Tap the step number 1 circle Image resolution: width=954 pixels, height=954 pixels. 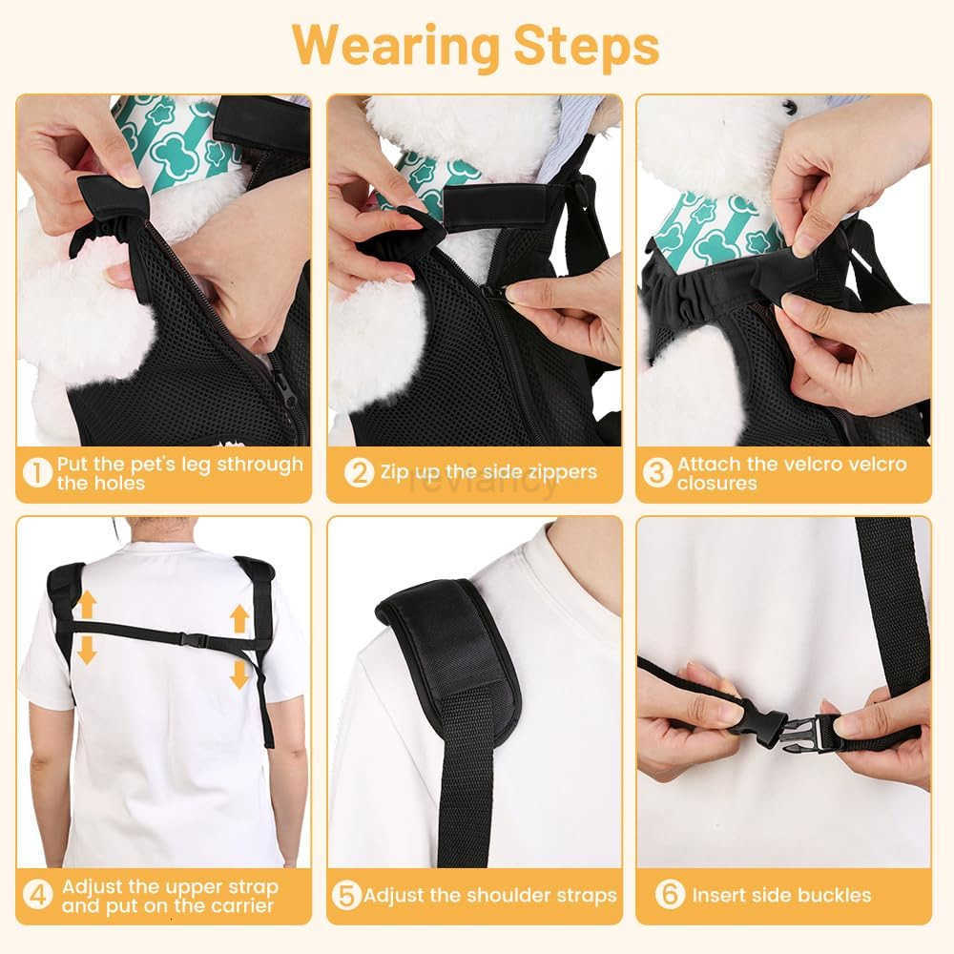(36, 473)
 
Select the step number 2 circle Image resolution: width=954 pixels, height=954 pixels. (358, 472)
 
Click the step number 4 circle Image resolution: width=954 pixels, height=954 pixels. (37, 896)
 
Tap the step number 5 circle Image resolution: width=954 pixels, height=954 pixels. (346, 896)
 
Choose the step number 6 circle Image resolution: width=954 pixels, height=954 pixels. (670, 896)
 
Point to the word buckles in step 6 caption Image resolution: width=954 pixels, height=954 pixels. (836, 896)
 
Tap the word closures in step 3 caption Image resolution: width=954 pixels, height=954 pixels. (716, 484)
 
